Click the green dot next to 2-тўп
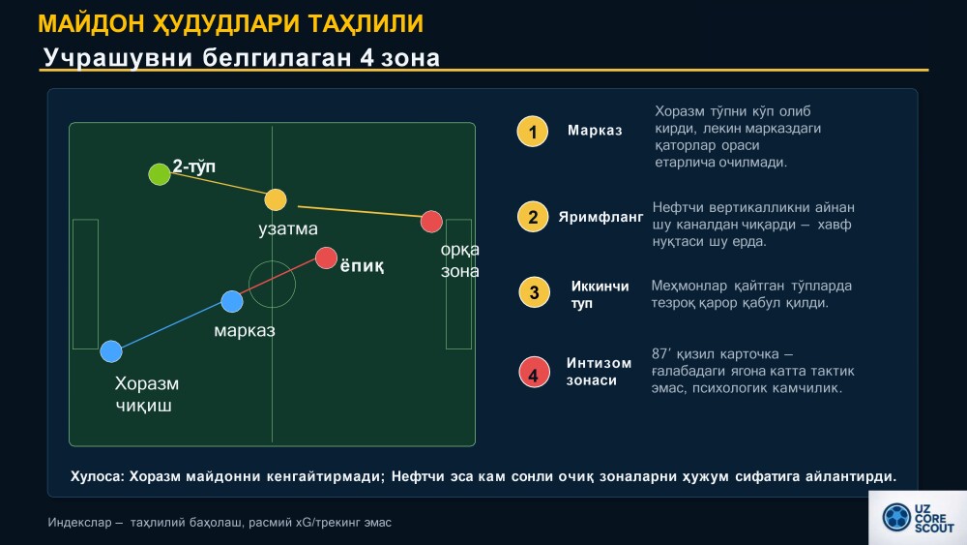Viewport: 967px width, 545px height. [x=160, y=174]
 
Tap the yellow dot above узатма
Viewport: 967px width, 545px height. [x=276, y=200]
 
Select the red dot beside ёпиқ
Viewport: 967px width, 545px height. [x=326, y=258]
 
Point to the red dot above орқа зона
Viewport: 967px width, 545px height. [x=431, y=222]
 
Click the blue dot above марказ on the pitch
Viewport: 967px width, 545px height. [x=232, y=302]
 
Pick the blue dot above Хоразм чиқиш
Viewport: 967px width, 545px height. [x=111, y=351]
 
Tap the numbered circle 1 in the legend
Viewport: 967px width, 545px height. [x=532, y=132]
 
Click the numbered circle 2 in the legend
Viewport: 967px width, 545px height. [x=532, y=217]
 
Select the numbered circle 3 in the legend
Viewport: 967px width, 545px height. [x=534, y=292]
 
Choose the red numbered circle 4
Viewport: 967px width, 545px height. [x=534, y=372]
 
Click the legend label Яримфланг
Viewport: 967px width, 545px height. [x=601, y=217]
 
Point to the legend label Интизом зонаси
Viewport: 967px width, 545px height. [x=599, y=372]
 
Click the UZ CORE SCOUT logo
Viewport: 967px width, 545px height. [x=918, y=518]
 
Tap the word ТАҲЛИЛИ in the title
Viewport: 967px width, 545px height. [x=366, y=23]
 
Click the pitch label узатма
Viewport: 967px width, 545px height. [x=288, y=229]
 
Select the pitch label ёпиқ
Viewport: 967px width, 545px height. [x=362, y=266]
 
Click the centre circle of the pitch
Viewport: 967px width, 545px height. [x=272, y=261]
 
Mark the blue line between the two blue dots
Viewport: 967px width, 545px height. [x=171, y=326]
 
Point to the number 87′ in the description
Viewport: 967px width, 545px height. [x=660, y=353]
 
